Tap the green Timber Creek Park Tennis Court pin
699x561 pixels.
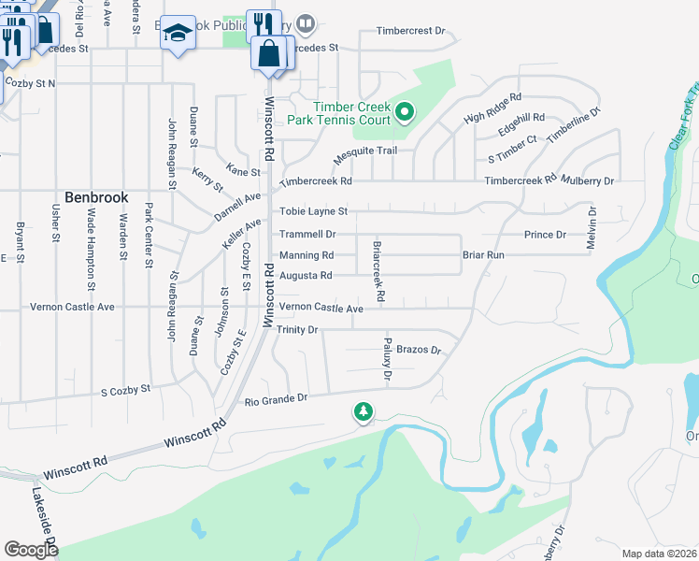(x=405, y=113)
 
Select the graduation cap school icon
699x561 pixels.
(x=177, y=35)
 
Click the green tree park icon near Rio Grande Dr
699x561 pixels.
(x=363, y=410)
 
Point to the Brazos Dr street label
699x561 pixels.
(x=418, y=350)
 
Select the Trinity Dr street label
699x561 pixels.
(x=299, y=330)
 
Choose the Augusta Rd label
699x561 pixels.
(x=306, y=276)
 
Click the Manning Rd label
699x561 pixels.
(x=307, y=255)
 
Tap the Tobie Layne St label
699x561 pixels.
(x=313, y=212)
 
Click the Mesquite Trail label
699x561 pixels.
(x=365, y=151)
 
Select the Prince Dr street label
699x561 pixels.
(x=545, y=235)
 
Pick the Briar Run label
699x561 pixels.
(x=483, y=254)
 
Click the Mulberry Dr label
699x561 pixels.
(x=589, y=180)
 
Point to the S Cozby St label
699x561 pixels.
(x=125, y=390)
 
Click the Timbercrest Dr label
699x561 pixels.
(x=411, y=31)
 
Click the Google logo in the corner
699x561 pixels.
(x=31, y=550)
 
